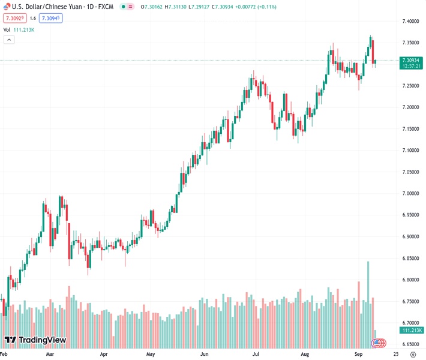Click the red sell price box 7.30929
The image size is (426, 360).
(14, 18)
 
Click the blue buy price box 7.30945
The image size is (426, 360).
(50, 18)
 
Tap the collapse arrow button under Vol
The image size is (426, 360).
(9, 40)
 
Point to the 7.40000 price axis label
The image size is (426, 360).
(410, 21)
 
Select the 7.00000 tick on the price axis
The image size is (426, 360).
(410, 193)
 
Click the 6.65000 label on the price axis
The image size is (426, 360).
(410, 344)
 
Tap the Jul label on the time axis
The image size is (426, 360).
(256, 355)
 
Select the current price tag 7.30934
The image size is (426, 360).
(412, 60)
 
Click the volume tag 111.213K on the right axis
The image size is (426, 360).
(412, 331)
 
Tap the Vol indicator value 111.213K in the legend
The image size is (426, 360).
(25, 29)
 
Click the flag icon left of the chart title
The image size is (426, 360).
(7, 7)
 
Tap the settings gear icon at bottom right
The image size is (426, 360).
(413, 355)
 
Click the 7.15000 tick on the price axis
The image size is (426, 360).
(410, 129)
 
